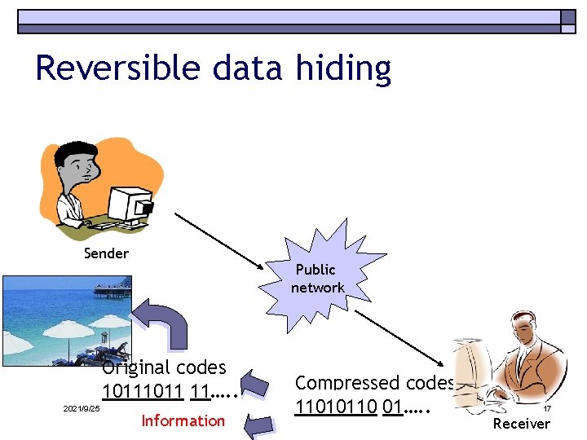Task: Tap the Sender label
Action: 106,253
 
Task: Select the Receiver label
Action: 522,423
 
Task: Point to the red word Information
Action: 183,420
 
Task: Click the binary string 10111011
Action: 143,392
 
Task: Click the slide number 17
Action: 548,409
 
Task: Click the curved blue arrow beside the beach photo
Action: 163,322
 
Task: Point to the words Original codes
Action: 164,367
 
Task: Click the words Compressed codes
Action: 374,383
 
